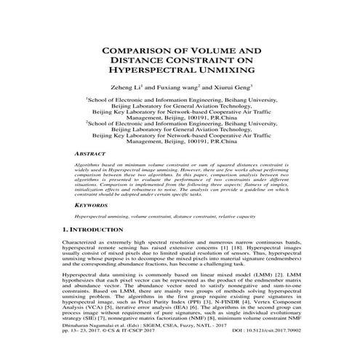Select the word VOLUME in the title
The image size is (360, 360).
221,51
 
